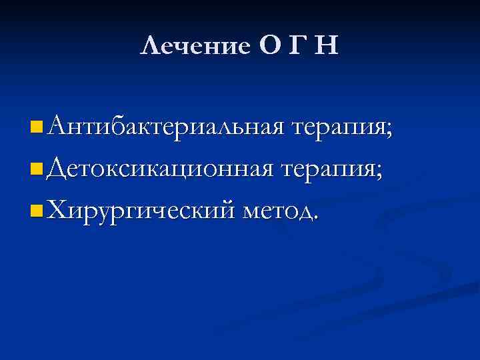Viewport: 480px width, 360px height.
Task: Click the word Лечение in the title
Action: click(x=194, y=46)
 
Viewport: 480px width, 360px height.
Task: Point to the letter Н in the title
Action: click(x=327, y=46)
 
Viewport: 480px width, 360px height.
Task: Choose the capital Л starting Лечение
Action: click(x=151, y=46)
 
